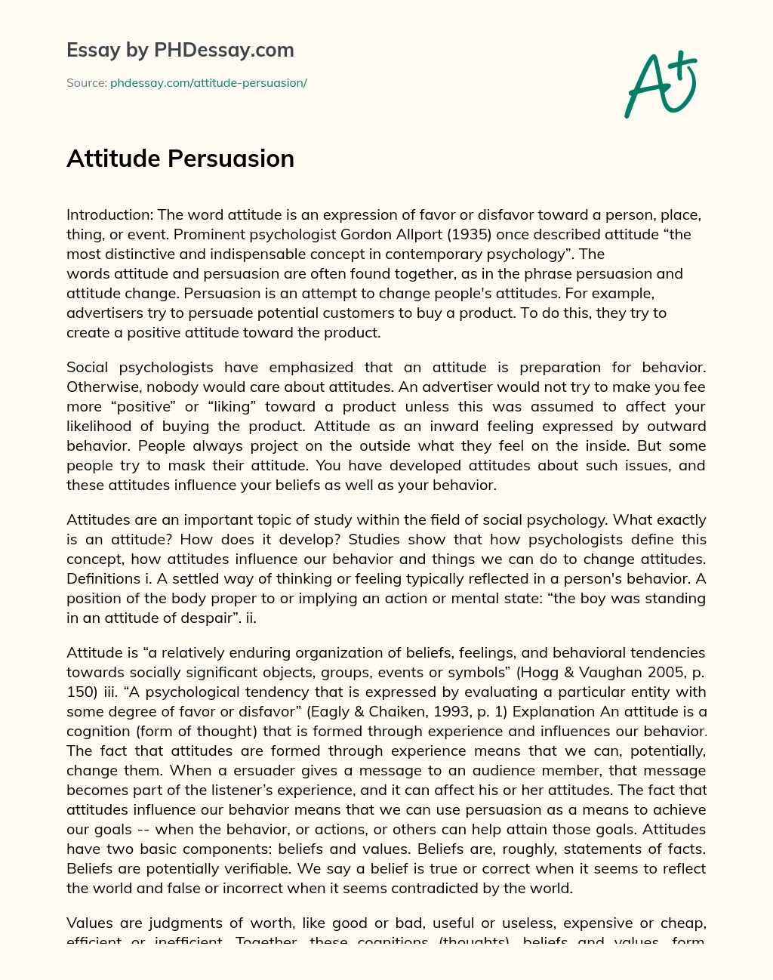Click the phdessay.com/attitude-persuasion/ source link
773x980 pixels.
pyautogui.click(x=208, y=83)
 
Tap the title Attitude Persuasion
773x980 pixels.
pyautogui.click(x=180, y=159)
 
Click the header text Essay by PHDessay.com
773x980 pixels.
pyautogui.click(x=180, y=50)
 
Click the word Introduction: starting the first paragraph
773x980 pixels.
pyautogui.click(x=109, y=214)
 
